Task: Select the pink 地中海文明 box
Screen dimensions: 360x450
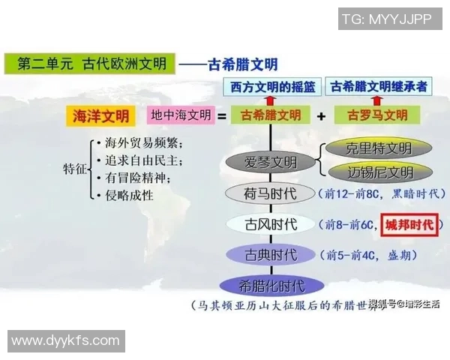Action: point(181,116)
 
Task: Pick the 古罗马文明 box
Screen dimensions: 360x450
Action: point(377,116)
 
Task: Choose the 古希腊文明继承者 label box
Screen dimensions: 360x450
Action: point(379,86)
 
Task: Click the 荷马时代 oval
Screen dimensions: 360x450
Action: point(271,193)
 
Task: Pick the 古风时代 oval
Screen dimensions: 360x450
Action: point(271,224)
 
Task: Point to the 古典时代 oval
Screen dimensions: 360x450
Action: point(271,255)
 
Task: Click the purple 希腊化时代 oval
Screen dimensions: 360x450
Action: point(271,286)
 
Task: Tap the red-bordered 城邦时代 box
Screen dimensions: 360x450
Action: point(409,224)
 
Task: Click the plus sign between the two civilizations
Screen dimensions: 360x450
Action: point(321,116)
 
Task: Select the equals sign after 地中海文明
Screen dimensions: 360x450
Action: point(222,116)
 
